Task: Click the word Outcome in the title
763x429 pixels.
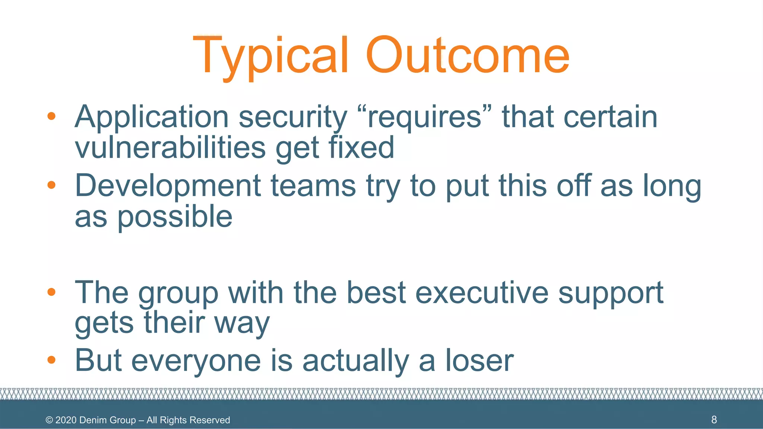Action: (x=468, y=56)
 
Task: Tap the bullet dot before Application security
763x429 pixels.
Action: (x=51, y=117)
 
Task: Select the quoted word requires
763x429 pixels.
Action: (x=424, y=117)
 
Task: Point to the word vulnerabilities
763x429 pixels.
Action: (x=170, y=147)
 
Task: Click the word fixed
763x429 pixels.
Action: (x=361, y=147)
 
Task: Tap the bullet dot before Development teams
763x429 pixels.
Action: (x=51, y=185)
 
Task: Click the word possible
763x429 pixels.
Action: (x=175, y=217)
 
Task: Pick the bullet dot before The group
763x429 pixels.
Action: (x=51, y=292)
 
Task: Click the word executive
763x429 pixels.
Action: (x=482, y=292)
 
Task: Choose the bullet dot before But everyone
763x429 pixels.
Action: (x=51, y=360)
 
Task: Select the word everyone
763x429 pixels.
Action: (x=196, y=361)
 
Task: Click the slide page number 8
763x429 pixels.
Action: (x=714, y=420)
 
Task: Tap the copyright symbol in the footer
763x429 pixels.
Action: (x=49, y=420)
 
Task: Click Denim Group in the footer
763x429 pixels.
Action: (x=107, y=420)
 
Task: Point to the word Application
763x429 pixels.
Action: (x=152, y=118)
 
